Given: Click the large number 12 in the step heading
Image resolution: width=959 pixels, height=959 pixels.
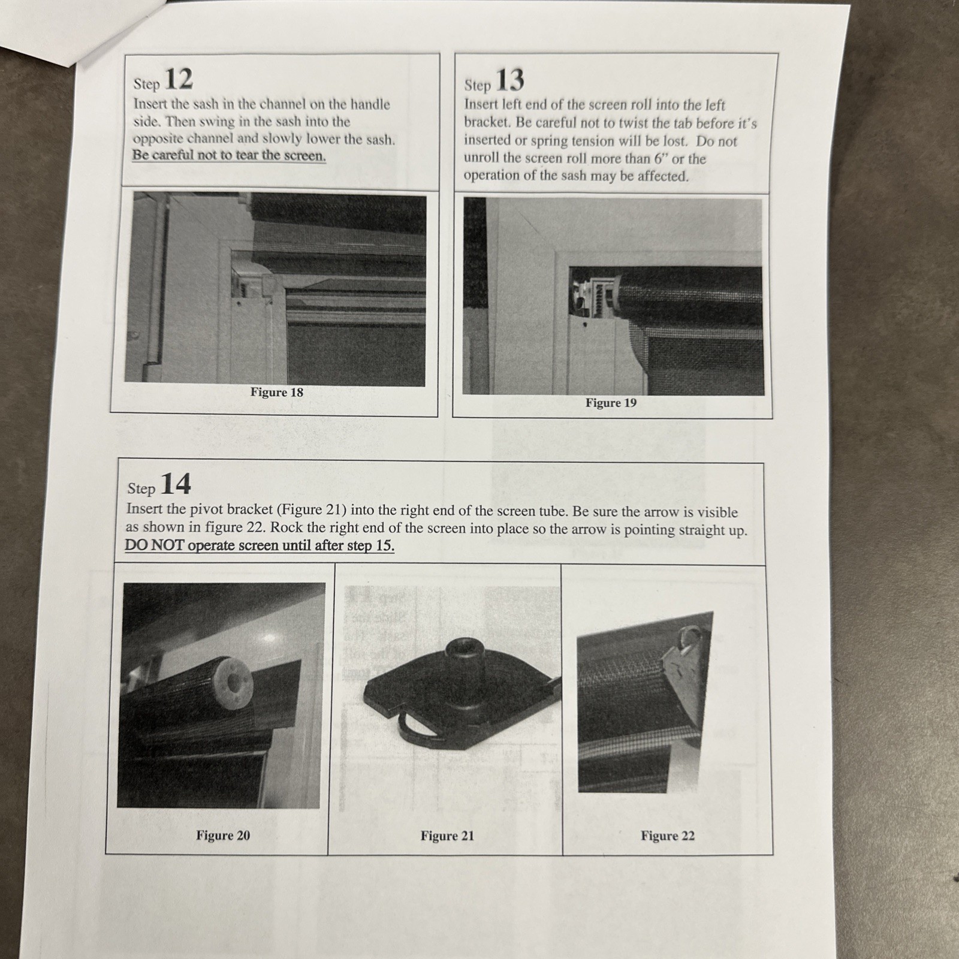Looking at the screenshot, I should (178, 79).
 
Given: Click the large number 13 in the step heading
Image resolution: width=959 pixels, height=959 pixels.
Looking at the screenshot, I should (510, 80).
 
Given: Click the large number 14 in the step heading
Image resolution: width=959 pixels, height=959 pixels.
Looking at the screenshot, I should (176, 484).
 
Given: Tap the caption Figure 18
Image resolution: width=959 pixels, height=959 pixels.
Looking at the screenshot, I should (277, 393).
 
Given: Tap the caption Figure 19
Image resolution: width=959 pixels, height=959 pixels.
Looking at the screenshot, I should (611, 403).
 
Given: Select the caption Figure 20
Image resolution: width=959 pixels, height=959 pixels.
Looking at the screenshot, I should (223, 836).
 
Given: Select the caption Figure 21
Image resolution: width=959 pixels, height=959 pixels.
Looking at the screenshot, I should (447, 836).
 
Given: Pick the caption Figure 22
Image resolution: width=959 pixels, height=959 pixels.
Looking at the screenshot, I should (668, 836).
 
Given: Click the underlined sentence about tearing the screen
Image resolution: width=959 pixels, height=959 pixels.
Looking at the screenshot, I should (229, 155).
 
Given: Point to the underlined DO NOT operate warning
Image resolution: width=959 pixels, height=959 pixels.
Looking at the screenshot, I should (260, 545).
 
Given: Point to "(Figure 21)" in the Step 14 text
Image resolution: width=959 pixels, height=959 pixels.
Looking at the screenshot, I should (311, 510).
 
